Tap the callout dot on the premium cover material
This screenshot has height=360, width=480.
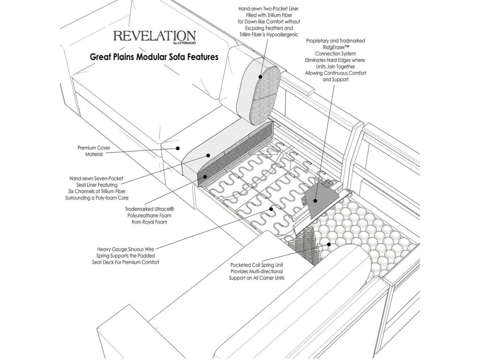pos(178,148)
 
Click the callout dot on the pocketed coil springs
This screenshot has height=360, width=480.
pos(329,244)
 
